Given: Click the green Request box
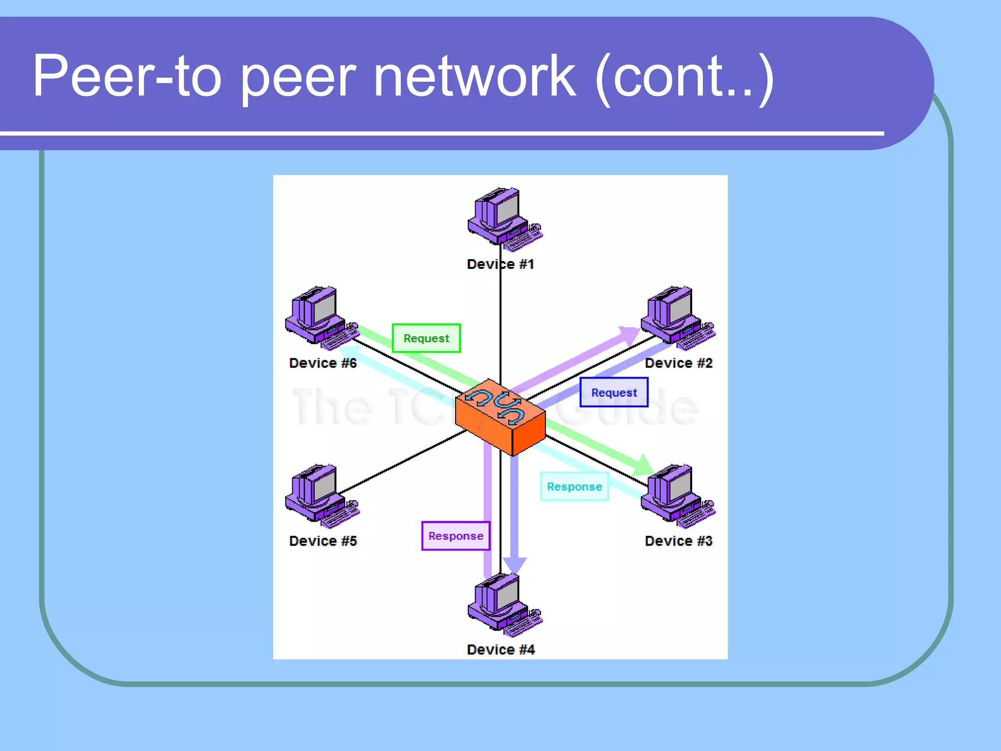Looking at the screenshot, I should point(426,338).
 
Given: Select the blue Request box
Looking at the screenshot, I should point(614,392).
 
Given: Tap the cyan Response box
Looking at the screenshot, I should point(574,486).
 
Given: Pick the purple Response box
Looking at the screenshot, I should point(456,536).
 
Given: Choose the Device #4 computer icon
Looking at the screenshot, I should point(503,604).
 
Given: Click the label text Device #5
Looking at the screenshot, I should point(323,541).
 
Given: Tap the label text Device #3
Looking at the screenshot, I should point(678,541).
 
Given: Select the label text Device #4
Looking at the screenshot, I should point(500,649).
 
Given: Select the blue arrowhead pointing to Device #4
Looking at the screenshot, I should point(514,565).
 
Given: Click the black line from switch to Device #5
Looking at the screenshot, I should point(401,462).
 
